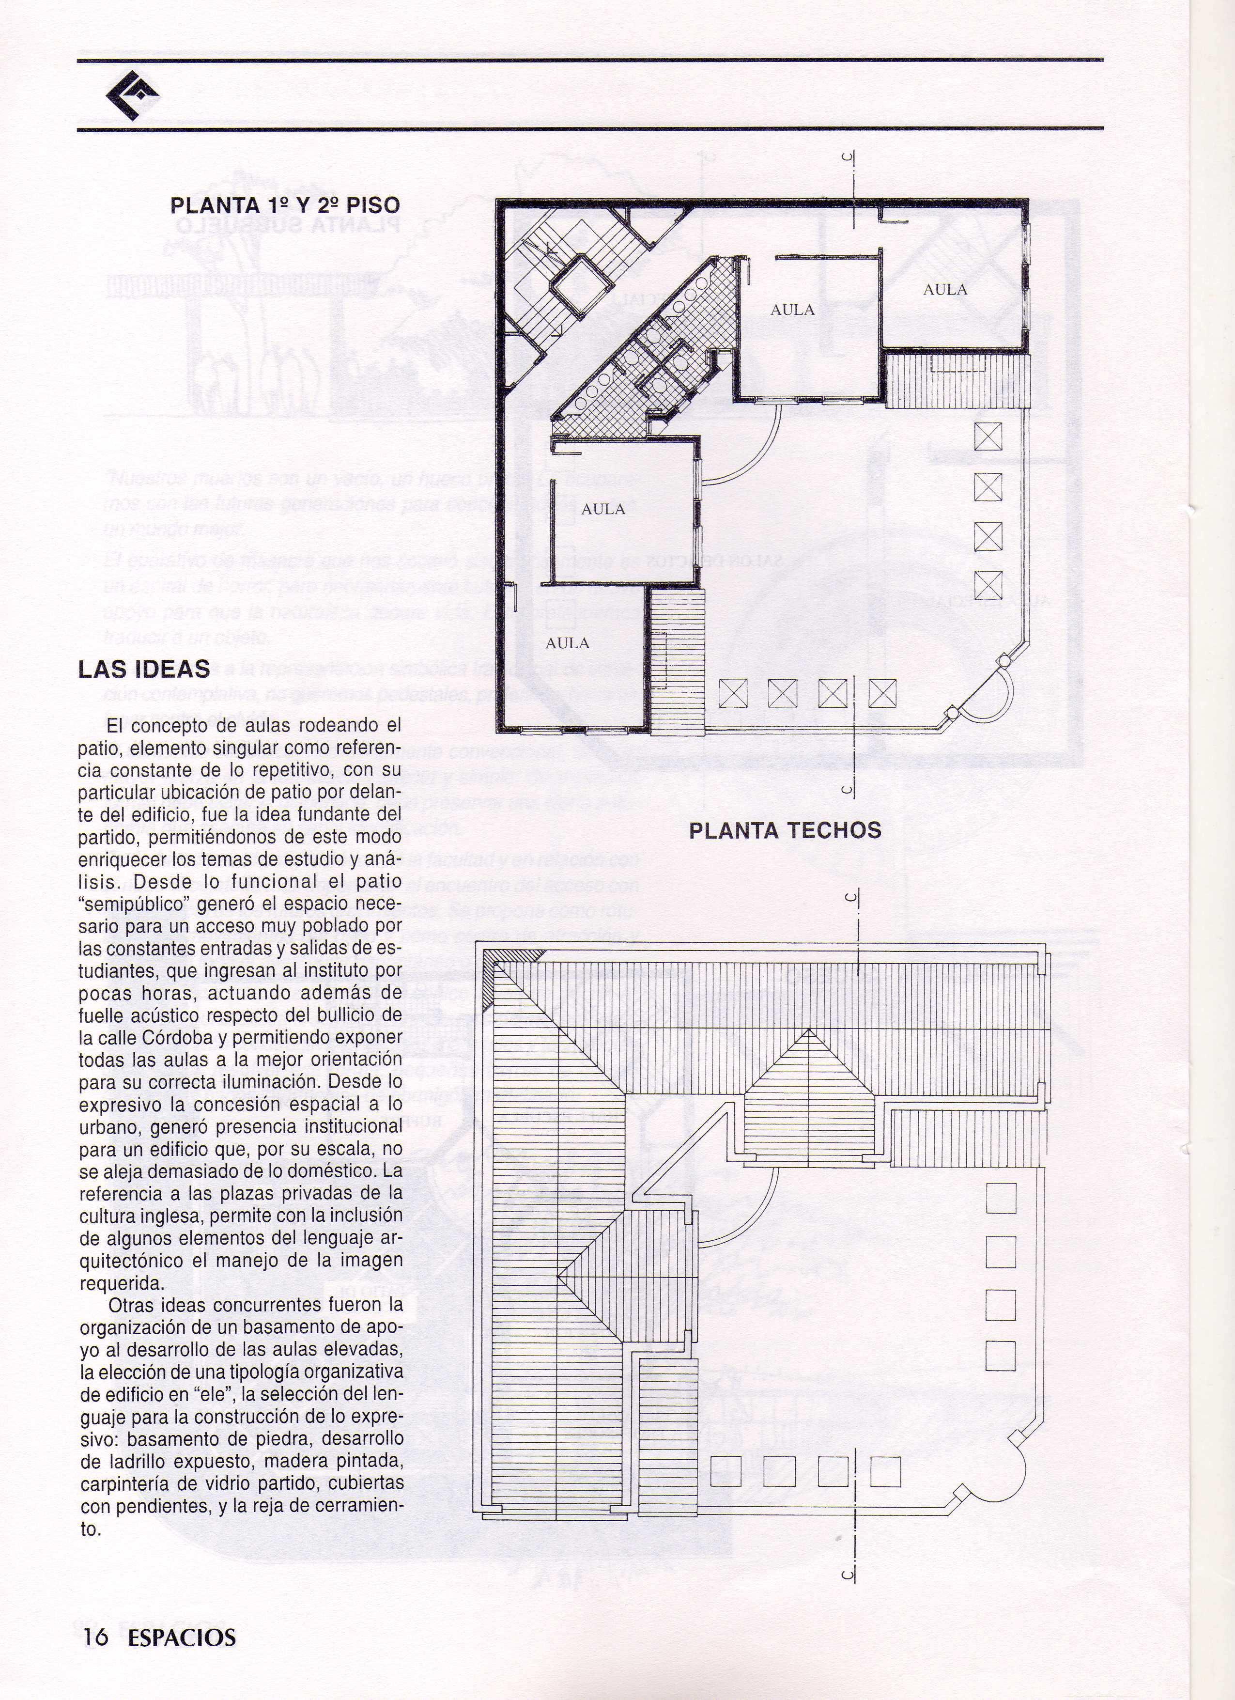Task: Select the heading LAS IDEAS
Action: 144,669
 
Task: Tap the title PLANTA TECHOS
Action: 785,830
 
